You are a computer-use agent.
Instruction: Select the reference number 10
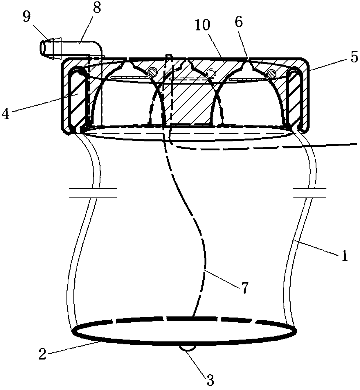203,26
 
